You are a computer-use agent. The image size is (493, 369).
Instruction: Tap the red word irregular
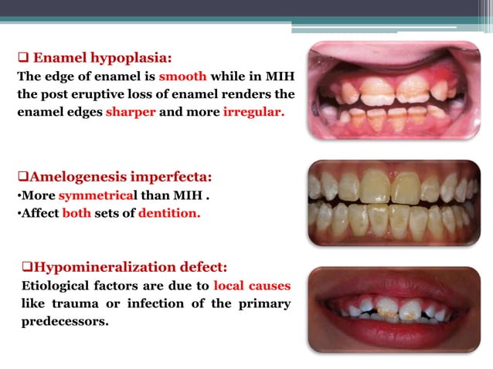[x=253, y=112]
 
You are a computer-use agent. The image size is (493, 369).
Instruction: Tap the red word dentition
[x=168, y=214]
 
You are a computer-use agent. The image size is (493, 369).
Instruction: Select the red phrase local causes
[x=252, y=285]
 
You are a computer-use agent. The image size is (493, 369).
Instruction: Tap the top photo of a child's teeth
[x=394, y=90]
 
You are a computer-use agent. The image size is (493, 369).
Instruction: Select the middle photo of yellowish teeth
[x=394, y=203]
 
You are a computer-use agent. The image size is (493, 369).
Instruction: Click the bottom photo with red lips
[x=394, y=309]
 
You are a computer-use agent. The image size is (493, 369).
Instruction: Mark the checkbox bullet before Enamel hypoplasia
[x=22, y=59]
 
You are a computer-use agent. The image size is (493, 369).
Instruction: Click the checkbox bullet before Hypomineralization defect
[x=27, y=268]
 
